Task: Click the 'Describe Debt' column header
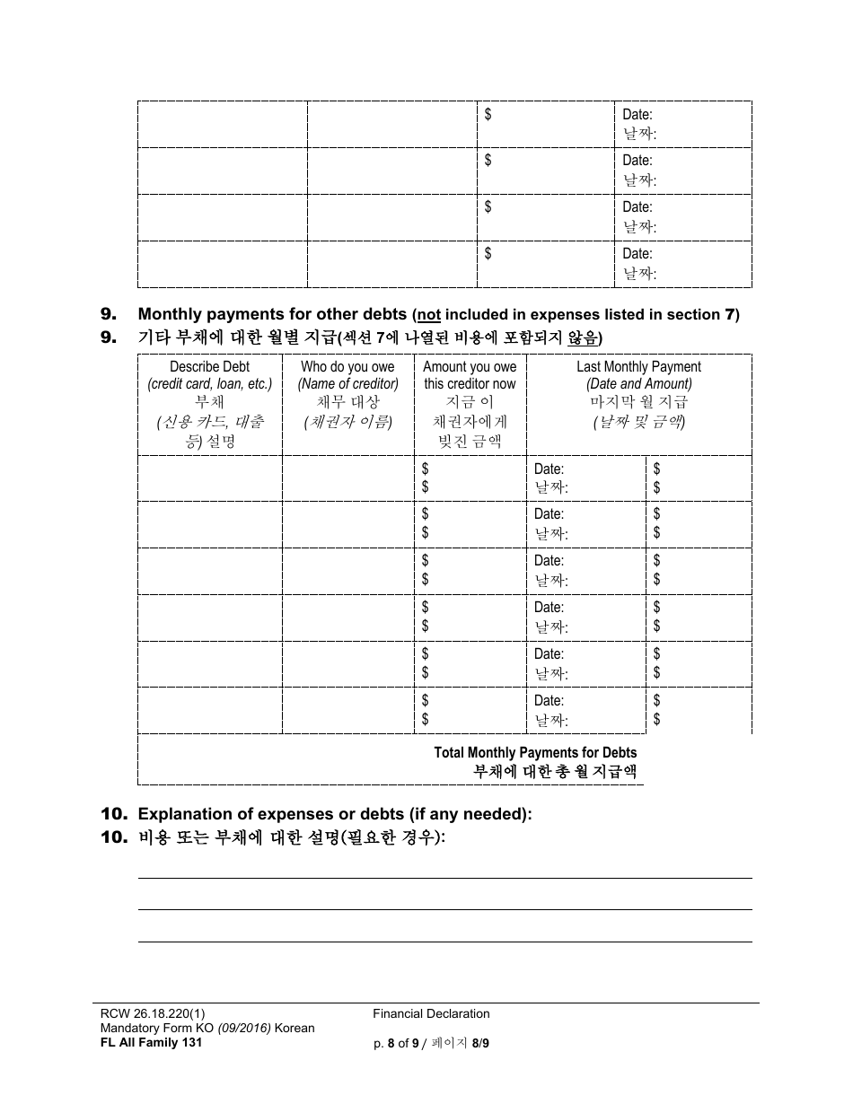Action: point(209,366)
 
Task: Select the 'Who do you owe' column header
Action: point(347,366)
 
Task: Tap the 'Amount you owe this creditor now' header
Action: point(470,375)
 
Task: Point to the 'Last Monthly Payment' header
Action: point(638,366)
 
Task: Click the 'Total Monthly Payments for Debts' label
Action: point(535,753)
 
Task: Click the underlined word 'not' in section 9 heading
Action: point(428,315)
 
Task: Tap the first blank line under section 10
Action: point(444,877)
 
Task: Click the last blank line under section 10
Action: point(444,941)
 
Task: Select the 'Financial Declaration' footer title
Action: point(431,1013)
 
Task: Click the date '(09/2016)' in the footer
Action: point(232,1028)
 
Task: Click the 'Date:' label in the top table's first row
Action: point(638,114)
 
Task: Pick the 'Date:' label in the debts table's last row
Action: point(549,700)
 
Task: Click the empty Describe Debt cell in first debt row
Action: point(209,478)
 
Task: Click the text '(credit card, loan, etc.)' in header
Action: point(209,384)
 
